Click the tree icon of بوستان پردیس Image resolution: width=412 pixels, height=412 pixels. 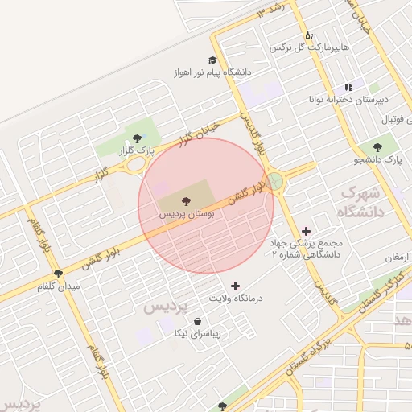click(175, 200)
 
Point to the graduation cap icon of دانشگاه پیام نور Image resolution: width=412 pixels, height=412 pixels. click(212, 60)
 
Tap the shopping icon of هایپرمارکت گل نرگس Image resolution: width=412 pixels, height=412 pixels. click(309, 35)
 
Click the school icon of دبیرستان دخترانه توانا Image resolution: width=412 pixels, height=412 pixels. click(348, 87)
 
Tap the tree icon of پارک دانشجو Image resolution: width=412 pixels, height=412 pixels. click(377, 147)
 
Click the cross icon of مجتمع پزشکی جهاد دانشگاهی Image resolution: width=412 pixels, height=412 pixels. click(306, 231)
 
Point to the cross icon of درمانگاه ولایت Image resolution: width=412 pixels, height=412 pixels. click(235, 286)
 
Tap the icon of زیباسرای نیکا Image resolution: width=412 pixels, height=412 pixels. click(198, 321)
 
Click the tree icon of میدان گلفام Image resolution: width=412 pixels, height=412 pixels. click(57, 274)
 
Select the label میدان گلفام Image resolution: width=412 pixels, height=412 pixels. click(63, 286)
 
